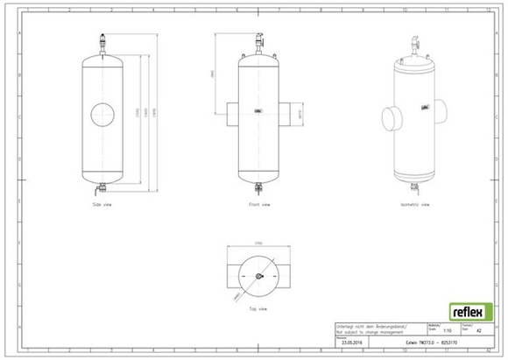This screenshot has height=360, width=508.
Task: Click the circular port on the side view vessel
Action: [102, 114]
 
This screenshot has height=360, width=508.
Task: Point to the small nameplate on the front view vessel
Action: [258, 110]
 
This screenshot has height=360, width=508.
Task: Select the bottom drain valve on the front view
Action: [259, 185]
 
